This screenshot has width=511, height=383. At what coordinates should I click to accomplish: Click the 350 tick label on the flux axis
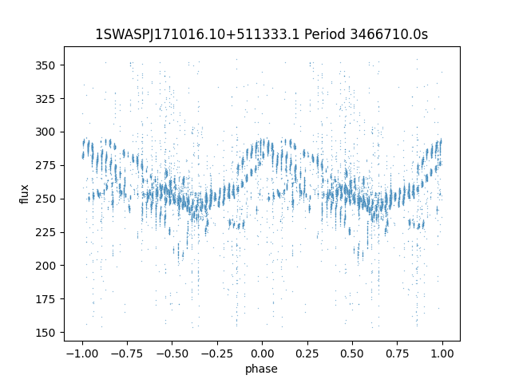coord(45,65)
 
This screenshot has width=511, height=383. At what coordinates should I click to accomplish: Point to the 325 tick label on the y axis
coord(45,99)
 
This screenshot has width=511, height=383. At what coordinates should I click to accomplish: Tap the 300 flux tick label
coord(45,132)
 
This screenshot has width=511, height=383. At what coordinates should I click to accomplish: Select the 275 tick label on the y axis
coord(45,165)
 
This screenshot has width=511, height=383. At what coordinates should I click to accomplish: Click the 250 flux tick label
coord(45,199)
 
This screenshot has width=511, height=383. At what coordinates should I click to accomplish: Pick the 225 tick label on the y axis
coord(45,232)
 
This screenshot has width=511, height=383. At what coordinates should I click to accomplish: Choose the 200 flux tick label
coord(45,266)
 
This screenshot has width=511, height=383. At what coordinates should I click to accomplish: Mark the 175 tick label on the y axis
coord(45,299)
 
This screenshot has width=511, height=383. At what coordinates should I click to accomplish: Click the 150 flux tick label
coord(45,333)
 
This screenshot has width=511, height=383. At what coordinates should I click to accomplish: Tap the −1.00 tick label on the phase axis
coord(82,353)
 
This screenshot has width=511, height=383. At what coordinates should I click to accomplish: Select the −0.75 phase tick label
coord(127,353)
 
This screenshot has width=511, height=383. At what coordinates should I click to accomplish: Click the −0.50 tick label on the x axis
coord(172,353)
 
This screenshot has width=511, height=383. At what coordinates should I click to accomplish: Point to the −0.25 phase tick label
coord(217,353)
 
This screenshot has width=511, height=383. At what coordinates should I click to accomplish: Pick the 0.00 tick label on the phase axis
coord(263,353)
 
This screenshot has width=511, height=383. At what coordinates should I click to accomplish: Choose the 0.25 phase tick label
coord(307,353)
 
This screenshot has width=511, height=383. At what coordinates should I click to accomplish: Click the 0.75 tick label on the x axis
coord(398,353)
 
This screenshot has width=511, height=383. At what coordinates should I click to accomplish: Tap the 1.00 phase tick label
coord(442,353)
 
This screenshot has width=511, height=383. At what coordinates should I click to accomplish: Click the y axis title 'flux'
coord(24,194)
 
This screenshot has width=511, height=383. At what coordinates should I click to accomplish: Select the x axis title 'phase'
coord(261,369)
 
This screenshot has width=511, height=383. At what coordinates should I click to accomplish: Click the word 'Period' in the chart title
coord(324,34)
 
